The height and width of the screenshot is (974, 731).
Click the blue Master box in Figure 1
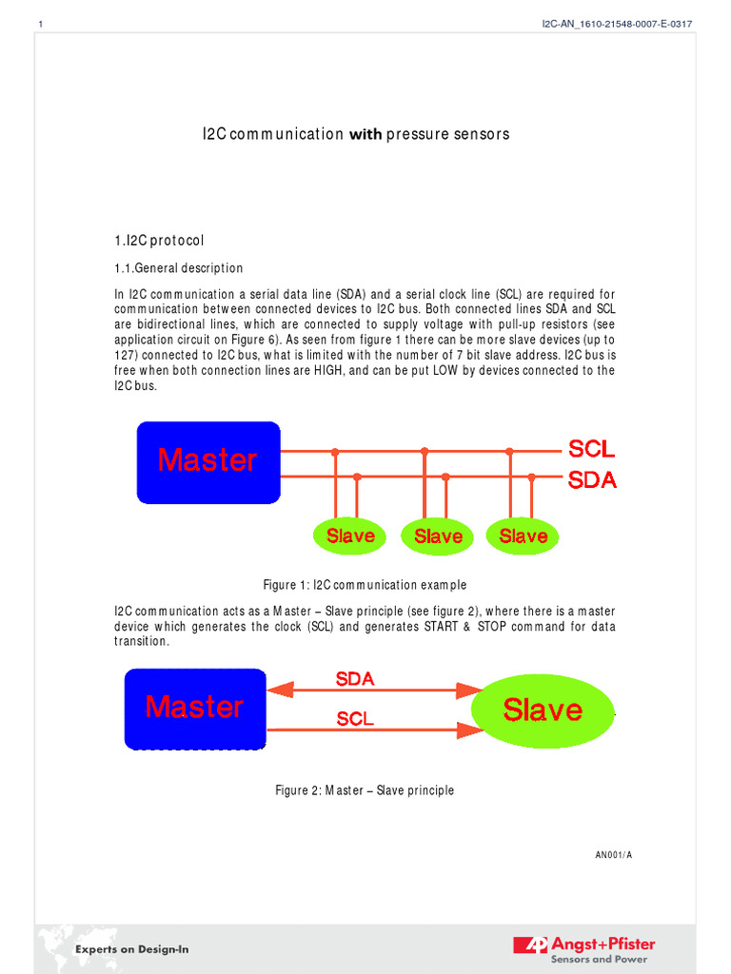tap(208, 462)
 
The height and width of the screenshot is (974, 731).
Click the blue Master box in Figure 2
tap(195, 708)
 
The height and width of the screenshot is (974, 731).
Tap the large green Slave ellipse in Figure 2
tap(543, 710)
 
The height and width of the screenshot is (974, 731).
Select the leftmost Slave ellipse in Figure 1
tap(350, 536)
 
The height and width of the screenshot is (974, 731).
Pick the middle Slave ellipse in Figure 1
tap(438, 536)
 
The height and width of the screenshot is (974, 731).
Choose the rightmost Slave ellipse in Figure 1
tap(523, 536)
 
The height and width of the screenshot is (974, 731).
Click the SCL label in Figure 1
tap(591, 449)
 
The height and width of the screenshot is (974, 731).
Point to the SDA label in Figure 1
tap(592, 480)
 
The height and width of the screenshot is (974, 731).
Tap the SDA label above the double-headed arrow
tap(355, 679)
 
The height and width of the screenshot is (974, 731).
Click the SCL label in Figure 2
tap(355, 720)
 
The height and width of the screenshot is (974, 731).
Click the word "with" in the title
tap(365, 135)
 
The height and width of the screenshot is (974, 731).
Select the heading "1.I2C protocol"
tap(159, 241)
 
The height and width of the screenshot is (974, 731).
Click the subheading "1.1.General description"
tap(178, 268)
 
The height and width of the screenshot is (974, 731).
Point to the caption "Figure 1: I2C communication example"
tap(365, 585)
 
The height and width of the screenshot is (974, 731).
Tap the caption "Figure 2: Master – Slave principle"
tap(365, 790)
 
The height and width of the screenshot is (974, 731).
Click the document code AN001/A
tap(613, 855)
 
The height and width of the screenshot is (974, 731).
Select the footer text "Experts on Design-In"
tap(132, 949)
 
